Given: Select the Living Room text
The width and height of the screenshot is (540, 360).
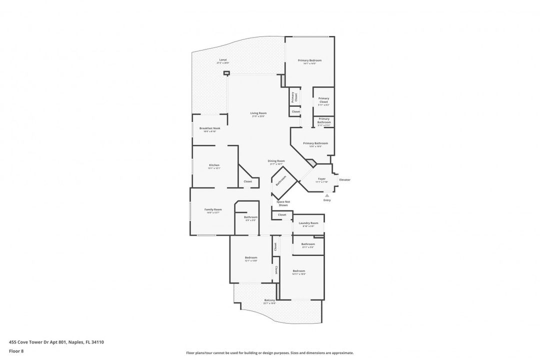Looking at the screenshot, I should point(258,114).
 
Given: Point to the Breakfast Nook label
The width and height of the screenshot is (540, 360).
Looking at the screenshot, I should point(209,129).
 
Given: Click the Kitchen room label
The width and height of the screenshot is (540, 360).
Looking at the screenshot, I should point(214,166).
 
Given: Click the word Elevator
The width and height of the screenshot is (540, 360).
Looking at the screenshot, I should point(344,179).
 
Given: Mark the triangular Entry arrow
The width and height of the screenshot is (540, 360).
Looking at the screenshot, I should point(327,195).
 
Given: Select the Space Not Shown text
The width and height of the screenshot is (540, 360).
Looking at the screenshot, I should point(283,203).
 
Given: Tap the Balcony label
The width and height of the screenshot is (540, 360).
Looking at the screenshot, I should point(269,301).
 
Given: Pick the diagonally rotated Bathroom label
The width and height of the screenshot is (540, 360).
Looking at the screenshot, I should point(281,180).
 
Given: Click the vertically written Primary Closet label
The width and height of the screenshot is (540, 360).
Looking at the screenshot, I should point(294,97).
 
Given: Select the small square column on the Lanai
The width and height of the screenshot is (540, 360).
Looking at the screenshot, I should point(226,73).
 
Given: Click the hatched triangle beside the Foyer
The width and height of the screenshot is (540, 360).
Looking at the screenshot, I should point(311,162).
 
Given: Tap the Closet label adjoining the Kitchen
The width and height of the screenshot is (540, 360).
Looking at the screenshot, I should point(248,181).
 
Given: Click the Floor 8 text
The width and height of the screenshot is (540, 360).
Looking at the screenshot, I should point(16,351).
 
